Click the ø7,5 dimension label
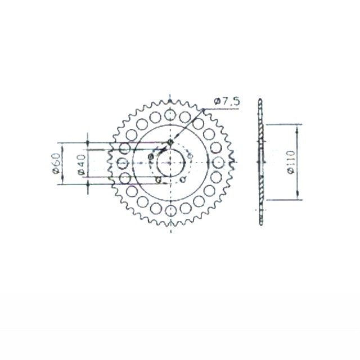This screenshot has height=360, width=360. [x=227, y=101]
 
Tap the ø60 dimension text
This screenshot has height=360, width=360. [x=56, y=163]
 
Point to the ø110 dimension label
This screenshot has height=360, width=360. [x=290, y=162]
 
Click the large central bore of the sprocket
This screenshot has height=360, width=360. [x=170, y=163]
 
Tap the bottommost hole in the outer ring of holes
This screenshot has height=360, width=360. [x=170, y=210]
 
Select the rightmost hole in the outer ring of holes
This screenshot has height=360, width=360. [x=218, y=163]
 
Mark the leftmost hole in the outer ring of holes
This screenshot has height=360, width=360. [x=122, y=163]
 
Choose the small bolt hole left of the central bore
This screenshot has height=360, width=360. [x=150, y=156]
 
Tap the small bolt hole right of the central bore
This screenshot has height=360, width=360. [x=190, y=155]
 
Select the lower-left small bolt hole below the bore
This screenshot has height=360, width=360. [x=158, y=180]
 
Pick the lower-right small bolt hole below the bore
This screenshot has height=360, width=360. [x=183, y=180]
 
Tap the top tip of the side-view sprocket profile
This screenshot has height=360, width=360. [x=260, y=100]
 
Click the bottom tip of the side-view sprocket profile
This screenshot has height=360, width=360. [x=260, y=224]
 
